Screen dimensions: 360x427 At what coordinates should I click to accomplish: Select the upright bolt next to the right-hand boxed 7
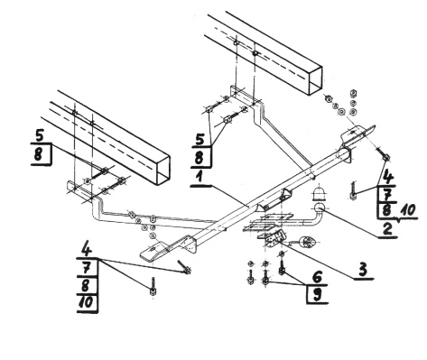pos(354,191)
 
